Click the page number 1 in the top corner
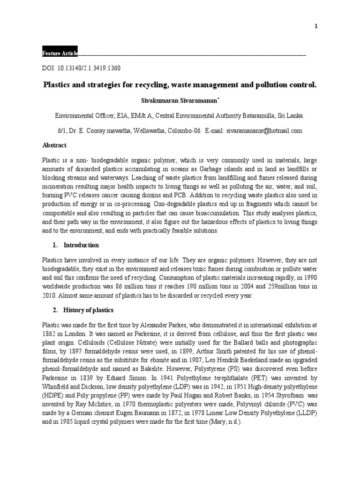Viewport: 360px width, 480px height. click(x=316, y=26)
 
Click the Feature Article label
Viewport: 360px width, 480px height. click(x=60, y=53)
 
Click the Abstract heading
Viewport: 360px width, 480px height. click(x=54, y=145)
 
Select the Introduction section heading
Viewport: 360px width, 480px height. click(x=81, y=245)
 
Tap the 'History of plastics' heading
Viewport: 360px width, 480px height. click(x=88, y=311)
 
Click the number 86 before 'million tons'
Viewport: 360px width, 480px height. click(x=120, y=286)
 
